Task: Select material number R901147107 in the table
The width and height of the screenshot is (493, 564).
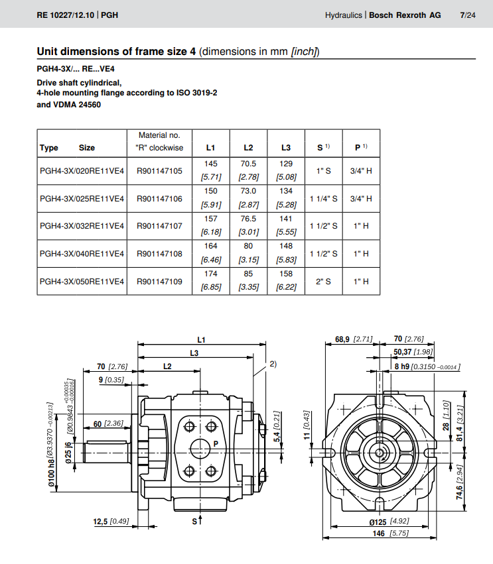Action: (159, 226)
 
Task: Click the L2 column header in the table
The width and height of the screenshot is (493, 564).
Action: (248, 148)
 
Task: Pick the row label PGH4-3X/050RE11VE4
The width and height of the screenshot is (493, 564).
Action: (82, 282)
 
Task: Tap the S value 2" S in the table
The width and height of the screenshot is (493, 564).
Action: (323, 282)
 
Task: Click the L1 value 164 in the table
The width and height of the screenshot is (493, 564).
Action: (210, 247)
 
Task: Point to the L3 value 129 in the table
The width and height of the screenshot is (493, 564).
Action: (286, 163)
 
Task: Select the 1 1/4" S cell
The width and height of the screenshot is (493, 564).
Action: (323, 198)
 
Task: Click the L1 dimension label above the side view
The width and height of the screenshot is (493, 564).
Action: (202, 339)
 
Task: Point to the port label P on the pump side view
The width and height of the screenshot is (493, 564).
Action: (216, 443)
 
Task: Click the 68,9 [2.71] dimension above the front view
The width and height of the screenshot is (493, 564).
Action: (354, 339)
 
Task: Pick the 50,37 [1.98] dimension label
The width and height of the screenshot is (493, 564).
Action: (413, 352)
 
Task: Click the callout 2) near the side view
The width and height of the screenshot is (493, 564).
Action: (273, 364)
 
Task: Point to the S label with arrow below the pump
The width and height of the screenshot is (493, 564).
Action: (196, 522)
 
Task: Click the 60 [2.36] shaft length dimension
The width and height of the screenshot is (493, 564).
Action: (108, 423)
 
